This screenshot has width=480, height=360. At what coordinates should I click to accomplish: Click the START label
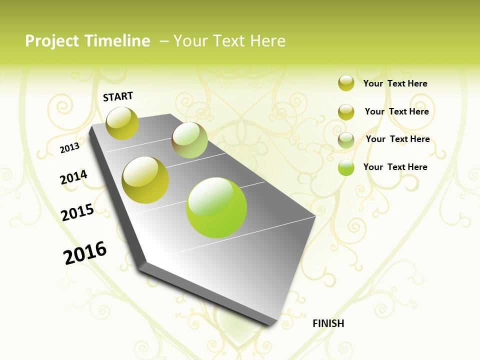tap(118, 96)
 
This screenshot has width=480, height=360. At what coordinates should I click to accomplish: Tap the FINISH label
tap(328, 323)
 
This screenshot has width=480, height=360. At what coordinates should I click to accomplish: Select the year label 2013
tap(69, 148)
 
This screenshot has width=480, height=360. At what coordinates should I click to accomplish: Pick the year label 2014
tap(73, 177)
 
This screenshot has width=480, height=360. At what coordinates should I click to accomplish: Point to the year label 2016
tap(85, 253)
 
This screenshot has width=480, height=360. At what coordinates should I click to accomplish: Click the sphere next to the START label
tap(122, 123)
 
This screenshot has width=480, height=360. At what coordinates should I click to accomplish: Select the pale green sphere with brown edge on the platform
tap(189, 140)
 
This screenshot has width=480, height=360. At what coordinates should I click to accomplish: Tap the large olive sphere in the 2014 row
tap(145, 180)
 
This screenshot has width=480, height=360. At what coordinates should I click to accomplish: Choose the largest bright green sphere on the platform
tap(216, 207)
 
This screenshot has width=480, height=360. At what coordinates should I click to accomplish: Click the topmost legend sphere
tap(346, 83)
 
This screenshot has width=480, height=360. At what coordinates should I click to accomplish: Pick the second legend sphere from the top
tap(346, 112)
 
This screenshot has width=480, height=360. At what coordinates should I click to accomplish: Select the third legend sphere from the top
tap(346, 140)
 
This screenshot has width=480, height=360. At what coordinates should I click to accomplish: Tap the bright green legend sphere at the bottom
tap(346, 167)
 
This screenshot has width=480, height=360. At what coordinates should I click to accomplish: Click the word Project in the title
tap(52, 41)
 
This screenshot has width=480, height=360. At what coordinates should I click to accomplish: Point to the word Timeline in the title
tap(118, 41)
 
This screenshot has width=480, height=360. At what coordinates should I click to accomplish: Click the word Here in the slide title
tap(267, 41)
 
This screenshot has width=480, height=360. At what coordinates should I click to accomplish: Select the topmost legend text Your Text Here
tap(395, 83)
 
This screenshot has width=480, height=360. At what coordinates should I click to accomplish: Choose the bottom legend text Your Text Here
tap(395, 167)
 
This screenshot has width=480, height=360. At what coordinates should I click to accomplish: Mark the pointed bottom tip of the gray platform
tap(270, 324)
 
